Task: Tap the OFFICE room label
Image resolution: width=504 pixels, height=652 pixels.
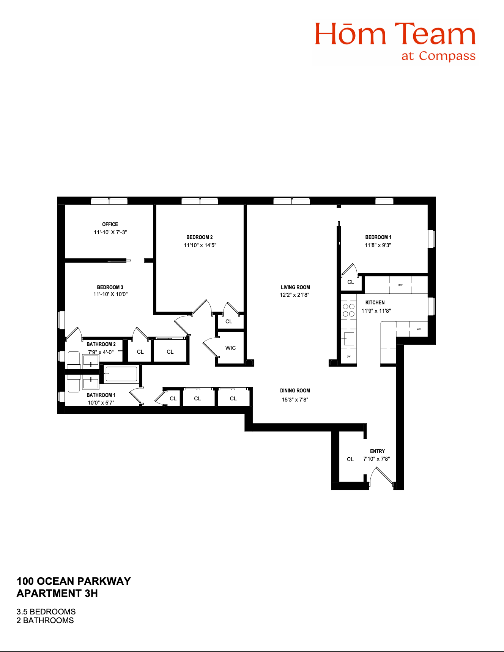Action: [x=110, y=224]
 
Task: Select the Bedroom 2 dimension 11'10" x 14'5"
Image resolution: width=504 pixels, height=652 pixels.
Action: [x=200, y=245]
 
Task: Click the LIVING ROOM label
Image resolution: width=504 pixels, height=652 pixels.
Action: [x=295, y=287]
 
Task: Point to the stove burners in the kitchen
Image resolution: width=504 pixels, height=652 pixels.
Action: [x=349, y=310]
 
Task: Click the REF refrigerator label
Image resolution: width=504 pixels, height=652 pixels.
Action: [x=400, y=285]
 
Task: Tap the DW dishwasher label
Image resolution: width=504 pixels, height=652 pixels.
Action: [x=349, y=356]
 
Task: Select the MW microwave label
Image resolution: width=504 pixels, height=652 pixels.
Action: [x=419, y=329]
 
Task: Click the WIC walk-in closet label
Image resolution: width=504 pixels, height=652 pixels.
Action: [x=230, y=348]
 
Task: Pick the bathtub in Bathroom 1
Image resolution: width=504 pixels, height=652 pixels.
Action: [x=121, y=374]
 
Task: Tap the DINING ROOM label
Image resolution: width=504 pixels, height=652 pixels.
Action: [x=295, y=391]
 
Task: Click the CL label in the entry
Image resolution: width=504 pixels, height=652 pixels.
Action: [x=350, y=459]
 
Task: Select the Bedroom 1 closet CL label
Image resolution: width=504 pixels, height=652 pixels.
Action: [x=351, y=282]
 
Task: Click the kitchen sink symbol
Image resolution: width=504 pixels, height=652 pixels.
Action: [x=349, y=338]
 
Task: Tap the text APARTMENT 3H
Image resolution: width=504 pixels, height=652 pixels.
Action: [x=57, y=593]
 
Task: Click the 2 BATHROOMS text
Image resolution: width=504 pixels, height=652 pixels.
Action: [x=45, y=621]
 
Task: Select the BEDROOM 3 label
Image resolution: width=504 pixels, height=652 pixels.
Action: [x=110, y=287]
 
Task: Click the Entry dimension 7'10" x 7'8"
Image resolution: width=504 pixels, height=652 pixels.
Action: [x=376, y=459]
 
